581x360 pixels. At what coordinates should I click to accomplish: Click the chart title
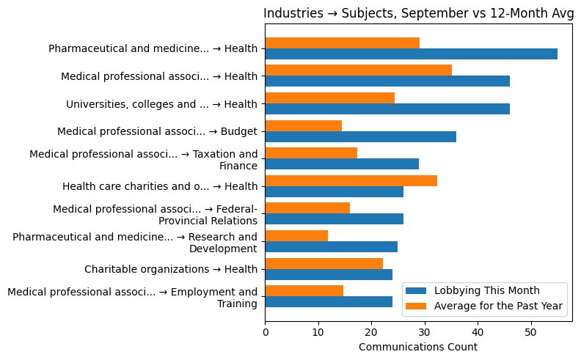(x=416, y=13)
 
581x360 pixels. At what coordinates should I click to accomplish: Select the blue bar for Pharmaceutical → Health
(x=411, y=54)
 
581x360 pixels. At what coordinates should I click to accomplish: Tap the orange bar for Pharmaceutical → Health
(x=342, y=43)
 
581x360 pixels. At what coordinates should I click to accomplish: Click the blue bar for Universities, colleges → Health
(x=387, y=109)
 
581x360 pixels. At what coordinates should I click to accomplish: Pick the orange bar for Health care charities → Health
(x=351, y=180)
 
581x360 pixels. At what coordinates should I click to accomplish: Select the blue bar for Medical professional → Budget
(x=360, y=136)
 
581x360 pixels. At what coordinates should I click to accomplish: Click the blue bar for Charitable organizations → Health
(x=329, y=274)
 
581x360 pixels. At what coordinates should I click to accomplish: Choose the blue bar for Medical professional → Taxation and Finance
(x=342, y=164)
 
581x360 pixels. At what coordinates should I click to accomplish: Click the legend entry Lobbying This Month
(x=486, y=290)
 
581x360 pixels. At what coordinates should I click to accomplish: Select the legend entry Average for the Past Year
(x=498, y=306)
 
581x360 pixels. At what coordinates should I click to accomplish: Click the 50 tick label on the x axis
(x=530, y=331)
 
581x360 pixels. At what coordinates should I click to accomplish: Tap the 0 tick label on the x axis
(x=265, y=331)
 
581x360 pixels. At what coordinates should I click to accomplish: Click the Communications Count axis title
(x=417, y=347)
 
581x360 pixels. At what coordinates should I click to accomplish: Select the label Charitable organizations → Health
(x=170, y=269)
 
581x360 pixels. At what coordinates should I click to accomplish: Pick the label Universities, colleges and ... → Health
(x=161, y=104)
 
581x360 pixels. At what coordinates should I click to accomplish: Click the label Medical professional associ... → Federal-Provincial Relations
(x=155, y=215)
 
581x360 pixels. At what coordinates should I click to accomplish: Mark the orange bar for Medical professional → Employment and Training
(x=304, y=290)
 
